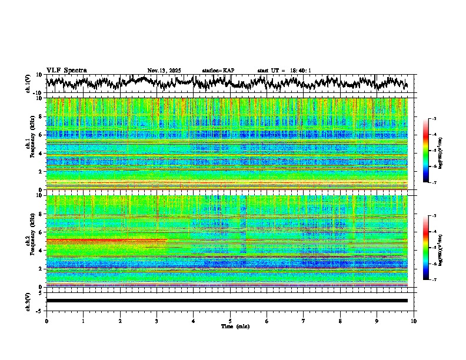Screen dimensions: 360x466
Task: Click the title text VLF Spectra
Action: tap(66, 70)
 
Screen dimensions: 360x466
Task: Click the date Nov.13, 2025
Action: tap(164, 71)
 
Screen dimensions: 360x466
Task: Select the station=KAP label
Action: tap(218, 71)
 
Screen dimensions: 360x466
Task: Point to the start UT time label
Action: tap(284, 71)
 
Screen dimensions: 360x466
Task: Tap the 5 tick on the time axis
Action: tap(230, 321)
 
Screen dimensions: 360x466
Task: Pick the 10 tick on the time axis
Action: tap(414, 321)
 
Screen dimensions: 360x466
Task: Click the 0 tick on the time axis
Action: tap(46, 321)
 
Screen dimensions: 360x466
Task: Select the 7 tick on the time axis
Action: tap(304, 321)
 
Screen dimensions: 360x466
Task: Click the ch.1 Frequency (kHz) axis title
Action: tap(30, 144)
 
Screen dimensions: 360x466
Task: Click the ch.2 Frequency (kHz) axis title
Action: tap(30, 241)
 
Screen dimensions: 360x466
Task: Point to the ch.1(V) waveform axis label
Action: tap(28, 84)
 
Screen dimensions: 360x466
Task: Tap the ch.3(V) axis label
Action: tap(28, 301)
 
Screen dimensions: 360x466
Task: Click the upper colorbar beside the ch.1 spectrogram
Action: tap(426, 151)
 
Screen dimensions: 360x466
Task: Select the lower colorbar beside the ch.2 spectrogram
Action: tap(426, 248)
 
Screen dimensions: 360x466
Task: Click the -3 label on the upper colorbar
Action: tap(433, 119)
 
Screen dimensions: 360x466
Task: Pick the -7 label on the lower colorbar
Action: tap(433, 280)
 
